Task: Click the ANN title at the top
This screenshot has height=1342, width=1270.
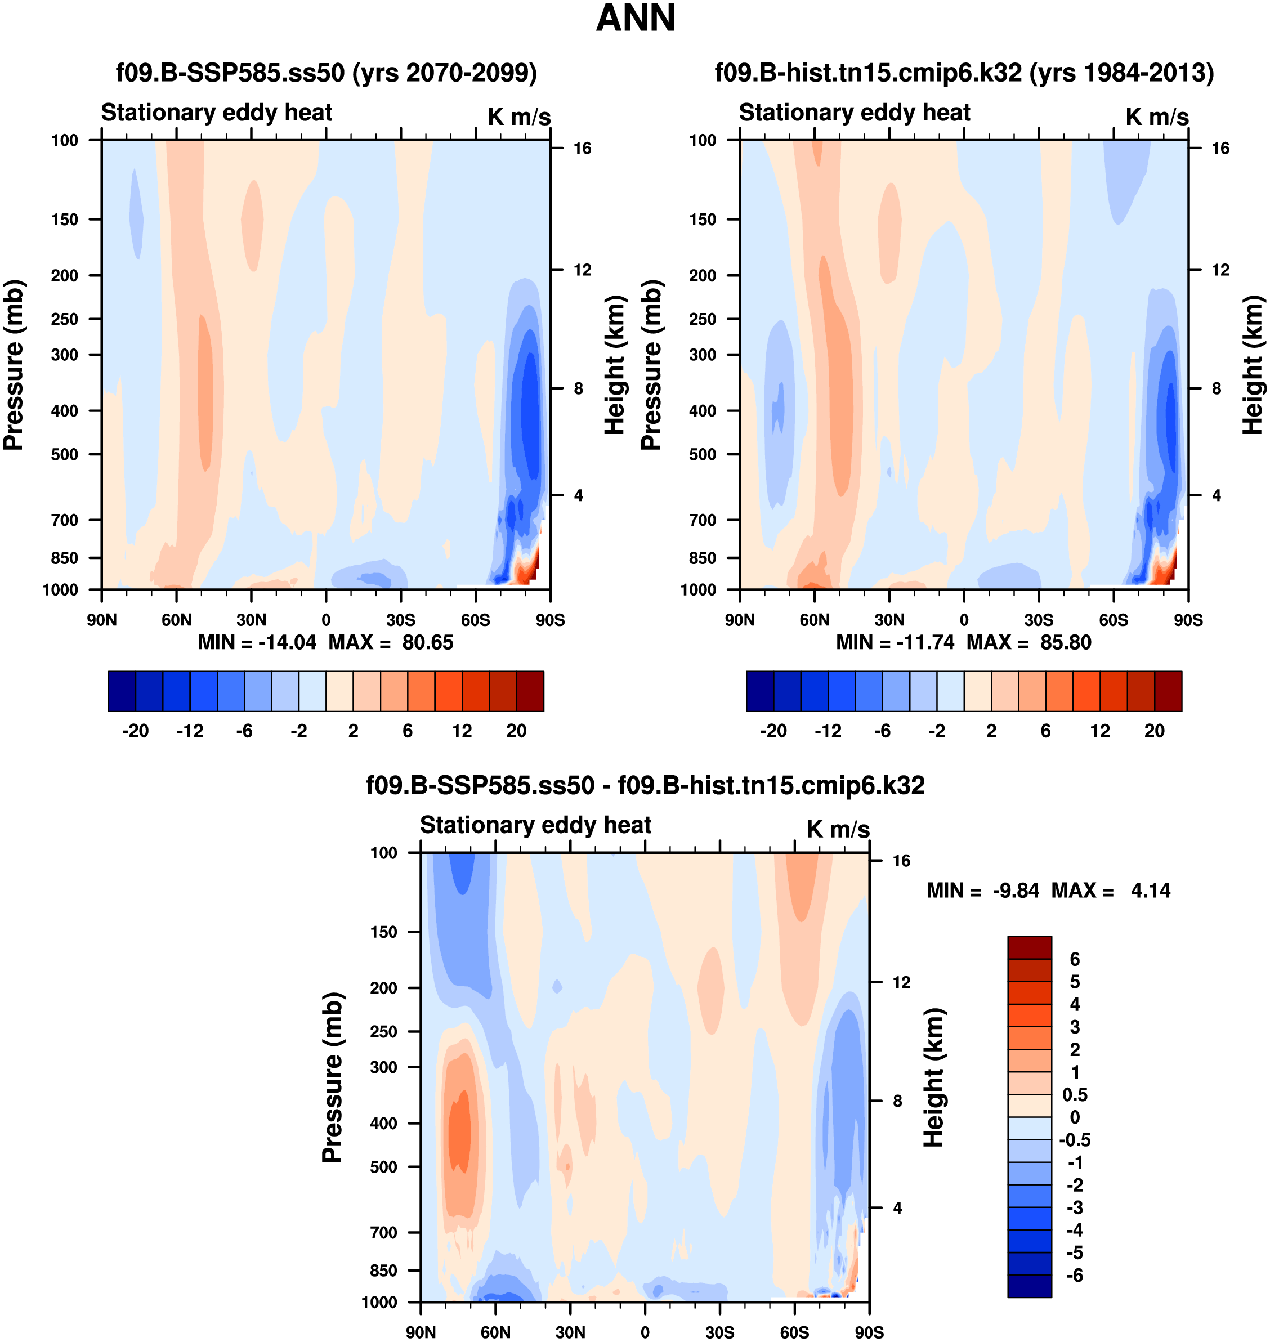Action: pos(635,18)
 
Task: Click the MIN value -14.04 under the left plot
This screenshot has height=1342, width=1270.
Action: pos(287,642)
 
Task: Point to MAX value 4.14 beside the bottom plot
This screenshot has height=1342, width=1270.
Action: pos(1150,891)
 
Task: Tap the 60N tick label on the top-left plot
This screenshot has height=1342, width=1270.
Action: pos(177,620)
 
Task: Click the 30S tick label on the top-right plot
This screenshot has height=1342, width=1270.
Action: pos(1039,620)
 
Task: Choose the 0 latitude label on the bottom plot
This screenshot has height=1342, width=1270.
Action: pos(645,1332)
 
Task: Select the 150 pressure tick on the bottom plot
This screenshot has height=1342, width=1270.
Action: pos(383,932)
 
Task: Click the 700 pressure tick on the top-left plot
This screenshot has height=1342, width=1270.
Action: pos(64,520)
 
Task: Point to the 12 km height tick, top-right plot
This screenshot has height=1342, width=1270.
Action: pos(1220,270)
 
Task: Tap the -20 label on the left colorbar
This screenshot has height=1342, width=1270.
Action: pos(136,731)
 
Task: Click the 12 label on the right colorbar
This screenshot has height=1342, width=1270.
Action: pos(1100,731)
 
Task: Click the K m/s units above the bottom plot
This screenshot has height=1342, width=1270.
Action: pos(838,829)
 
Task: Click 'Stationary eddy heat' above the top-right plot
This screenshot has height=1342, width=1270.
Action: pos(855,113)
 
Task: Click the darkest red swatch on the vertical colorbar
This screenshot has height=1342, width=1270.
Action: pos(1029,947)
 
